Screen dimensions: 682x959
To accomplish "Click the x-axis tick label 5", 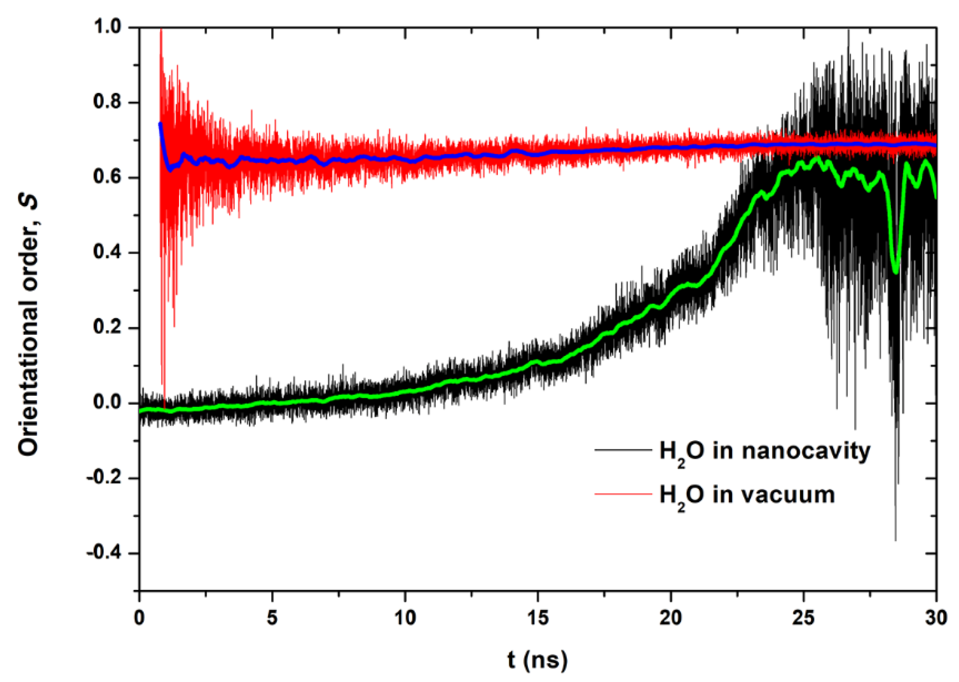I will tap(272, 618).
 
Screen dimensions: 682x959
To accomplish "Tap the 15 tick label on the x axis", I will tap(537, 618).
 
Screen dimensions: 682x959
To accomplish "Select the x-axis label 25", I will tap(803, 618).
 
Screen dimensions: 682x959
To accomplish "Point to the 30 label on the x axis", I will tap(936, 618).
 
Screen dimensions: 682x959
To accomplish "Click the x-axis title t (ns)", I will tap(537, 660).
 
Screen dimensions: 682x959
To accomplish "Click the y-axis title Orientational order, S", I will tap(28, 325).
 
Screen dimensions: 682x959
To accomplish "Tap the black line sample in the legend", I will tap(623, 450).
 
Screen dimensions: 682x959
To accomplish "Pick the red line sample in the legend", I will tap(623, 494).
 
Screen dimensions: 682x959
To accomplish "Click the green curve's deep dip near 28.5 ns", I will tap(896, 272).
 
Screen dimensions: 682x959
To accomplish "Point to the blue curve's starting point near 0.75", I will tap(160, 124).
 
